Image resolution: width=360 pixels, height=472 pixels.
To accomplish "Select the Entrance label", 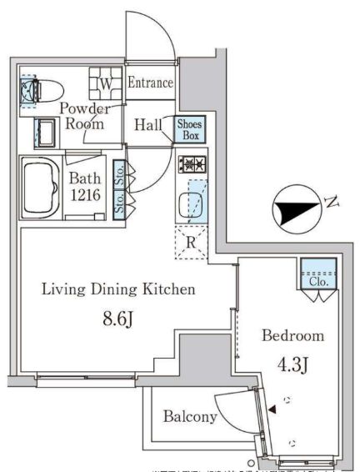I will click(x=151, y=83).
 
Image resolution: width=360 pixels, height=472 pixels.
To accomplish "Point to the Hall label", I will click(x=148, y=125).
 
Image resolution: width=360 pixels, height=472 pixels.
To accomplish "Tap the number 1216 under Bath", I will click(x=86, y=194).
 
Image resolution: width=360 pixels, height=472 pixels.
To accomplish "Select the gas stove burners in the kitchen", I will click(x=190, y=163).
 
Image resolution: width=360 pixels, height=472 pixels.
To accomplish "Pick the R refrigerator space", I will click(x=191, y=243).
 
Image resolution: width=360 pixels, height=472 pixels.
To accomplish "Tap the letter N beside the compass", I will click(x=332, y=203).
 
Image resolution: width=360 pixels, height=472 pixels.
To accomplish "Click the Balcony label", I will click(x=190, y=417).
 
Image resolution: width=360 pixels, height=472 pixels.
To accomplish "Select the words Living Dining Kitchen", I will click(x=118, y=290).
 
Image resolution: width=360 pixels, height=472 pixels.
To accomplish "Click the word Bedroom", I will click(x=292, y=336).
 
